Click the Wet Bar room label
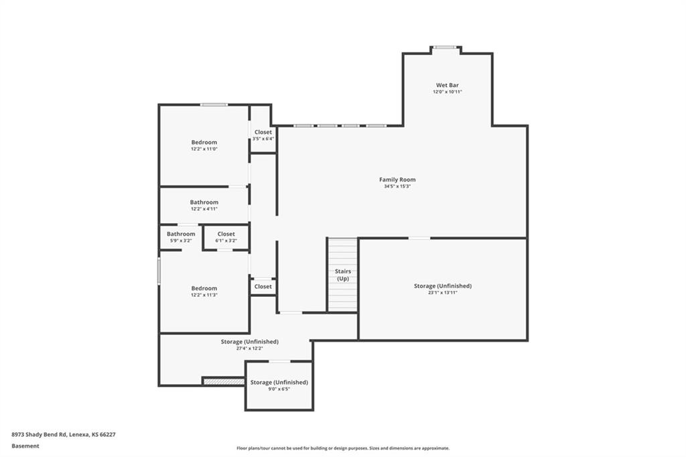pos(447,85)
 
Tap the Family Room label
pos(397,180)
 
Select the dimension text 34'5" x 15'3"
pos(397,187)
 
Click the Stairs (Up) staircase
pos(342,275)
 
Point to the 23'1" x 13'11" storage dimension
pos(443,293)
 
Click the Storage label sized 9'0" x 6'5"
pos(279,382)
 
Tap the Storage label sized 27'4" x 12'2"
pos(250,342)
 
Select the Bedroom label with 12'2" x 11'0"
pos(204,142)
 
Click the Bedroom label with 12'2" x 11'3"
pos(204,288)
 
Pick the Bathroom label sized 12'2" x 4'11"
pos(204,202)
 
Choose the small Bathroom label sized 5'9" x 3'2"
pos(181,234)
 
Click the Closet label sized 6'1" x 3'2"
pos(226,234)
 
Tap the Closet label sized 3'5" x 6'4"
pos(263,132)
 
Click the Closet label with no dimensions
pos(263,286)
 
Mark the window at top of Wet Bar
pos(445,47)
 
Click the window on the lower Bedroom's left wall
pos(159,271)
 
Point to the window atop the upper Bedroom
pos(214,105)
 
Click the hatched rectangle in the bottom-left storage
pos(224,381)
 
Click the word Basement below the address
pos(25,446)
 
